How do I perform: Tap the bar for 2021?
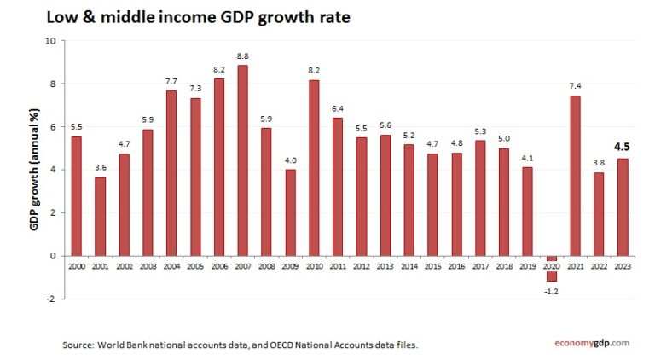[x=575, y=176]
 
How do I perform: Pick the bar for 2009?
[x=290, y=212]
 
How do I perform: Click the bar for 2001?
[x=101, y=217]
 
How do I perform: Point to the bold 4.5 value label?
[x=623, y=145]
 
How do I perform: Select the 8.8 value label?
[x=243, y=56]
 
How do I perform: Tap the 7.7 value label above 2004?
[x=171, y=80]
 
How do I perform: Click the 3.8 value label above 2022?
[x=599, y=163]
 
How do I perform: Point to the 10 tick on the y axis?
[x=50, y=41]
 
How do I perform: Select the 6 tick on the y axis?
[x=53, y=126]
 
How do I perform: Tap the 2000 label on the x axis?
[x=77, y=267]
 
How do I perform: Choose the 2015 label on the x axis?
[x=432, y=267]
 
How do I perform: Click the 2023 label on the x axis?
[x=623, y=267]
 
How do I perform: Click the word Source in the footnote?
[x=78, y=345]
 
